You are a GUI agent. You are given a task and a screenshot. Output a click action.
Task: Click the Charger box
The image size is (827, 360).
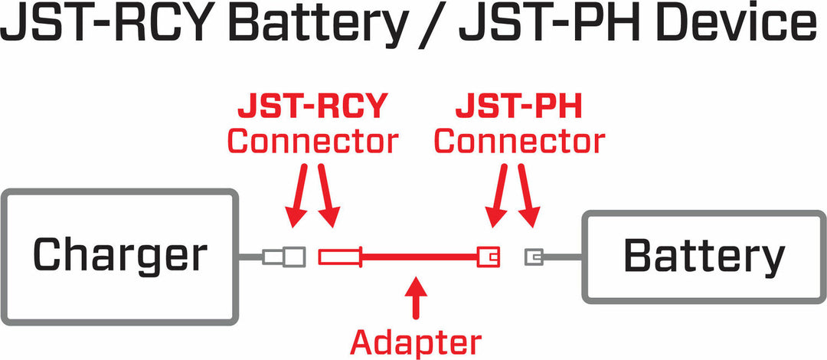(119, 255)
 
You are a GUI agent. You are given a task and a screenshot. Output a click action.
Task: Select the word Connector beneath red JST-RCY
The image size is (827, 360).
(312, 142)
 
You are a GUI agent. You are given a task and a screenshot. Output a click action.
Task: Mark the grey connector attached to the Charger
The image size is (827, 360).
(284, 256)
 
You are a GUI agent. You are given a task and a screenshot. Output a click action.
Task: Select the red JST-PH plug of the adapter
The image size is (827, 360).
(488, 256)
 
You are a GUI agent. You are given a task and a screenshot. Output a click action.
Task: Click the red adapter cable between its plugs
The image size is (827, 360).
(417, 256)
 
